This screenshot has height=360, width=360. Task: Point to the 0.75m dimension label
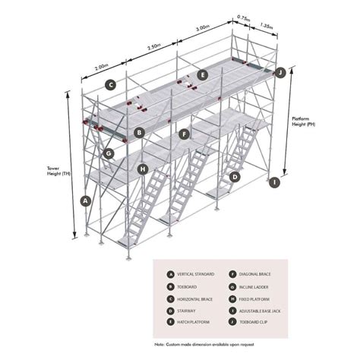(244, 17)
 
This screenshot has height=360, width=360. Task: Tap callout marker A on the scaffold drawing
(85, 201)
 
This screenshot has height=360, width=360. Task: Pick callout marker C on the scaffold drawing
(110, 84)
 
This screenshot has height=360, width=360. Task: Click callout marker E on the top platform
(202, 74)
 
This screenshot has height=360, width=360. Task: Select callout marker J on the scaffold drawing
(279, 73)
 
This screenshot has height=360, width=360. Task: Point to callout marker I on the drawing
(274, 182)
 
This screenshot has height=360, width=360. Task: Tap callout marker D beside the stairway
(235, 177)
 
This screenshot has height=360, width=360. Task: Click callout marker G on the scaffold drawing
(109, 153)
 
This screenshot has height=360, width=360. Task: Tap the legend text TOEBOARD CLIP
(255, 324)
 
